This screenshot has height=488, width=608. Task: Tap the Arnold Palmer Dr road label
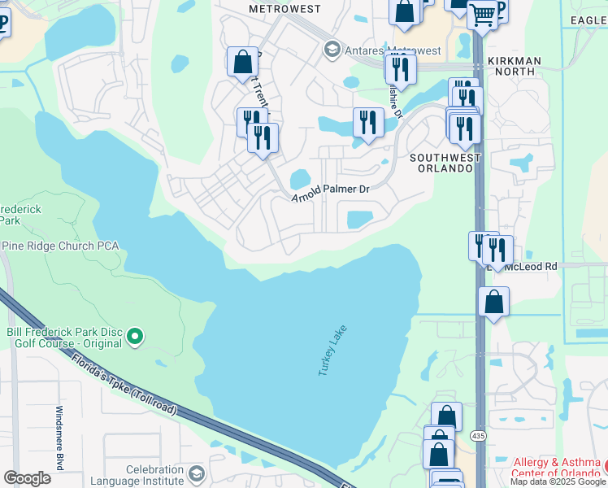click(x=331, y=189)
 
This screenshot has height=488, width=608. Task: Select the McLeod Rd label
click(x=530, y=266)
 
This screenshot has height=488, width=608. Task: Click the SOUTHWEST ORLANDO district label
click(x=441, y=163)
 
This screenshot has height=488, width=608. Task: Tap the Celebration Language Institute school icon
click(x=196, y=473)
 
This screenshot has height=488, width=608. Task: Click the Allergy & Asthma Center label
click(x=556, y=468)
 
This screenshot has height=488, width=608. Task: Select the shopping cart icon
click(x=482, y=13)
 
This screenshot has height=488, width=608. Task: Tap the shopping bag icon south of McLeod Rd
click(x=493, y=303)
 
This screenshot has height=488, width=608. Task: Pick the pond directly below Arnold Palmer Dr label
click(x=359, y=220)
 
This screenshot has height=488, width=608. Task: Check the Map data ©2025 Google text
click(x=557, y=481)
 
